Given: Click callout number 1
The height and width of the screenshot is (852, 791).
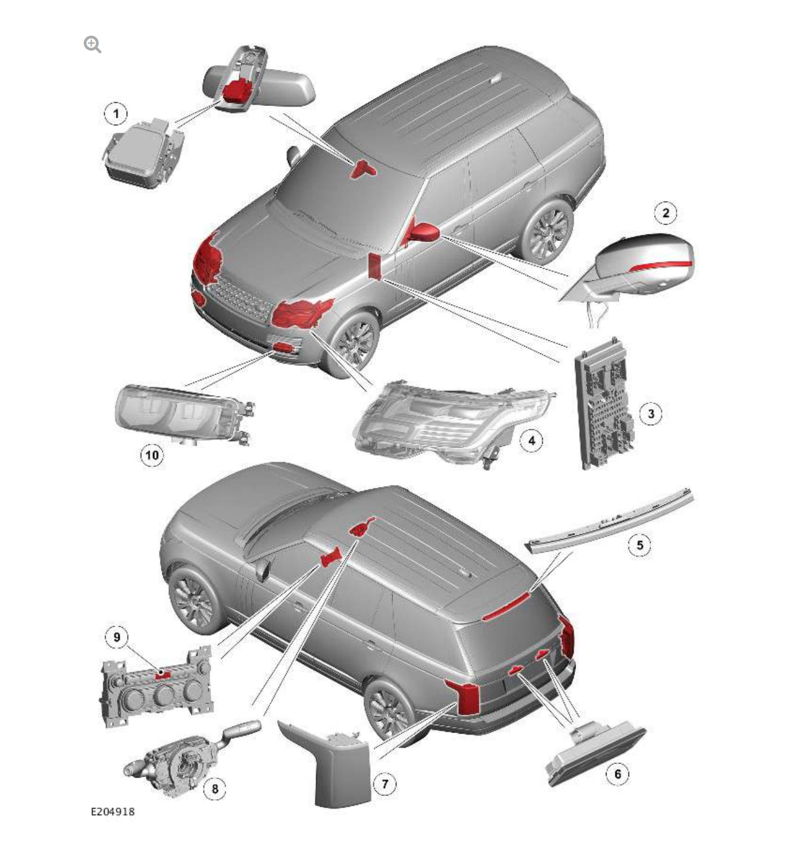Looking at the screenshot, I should point(115,114).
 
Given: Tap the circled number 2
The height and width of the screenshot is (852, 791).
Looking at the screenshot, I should point(665,213).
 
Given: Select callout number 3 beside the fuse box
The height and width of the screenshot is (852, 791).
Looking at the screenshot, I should point(651,414).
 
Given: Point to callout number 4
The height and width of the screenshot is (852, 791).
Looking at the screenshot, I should point(531,440).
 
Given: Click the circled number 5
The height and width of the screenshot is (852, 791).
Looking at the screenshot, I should point(640,545).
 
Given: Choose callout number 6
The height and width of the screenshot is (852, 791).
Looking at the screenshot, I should point(617,773).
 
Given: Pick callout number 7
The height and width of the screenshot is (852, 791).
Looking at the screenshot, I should point(384,784).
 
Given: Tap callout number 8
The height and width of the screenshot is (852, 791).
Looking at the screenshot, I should point(214,789).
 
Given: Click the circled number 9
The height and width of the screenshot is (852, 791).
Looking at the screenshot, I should point(117,637).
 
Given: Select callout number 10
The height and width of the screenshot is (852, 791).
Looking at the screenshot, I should point(152,456).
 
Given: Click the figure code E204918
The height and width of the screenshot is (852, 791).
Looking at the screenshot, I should point(112,812).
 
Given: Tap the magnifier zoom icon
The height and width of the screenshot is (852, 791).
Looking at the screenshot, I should point(92,44).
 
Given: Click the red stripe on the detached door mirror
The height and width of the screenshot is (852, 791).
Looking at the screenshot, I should point(661,265).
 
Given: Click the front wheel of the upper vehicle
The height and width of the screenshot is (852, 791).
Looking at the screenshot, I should point(355,342).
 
